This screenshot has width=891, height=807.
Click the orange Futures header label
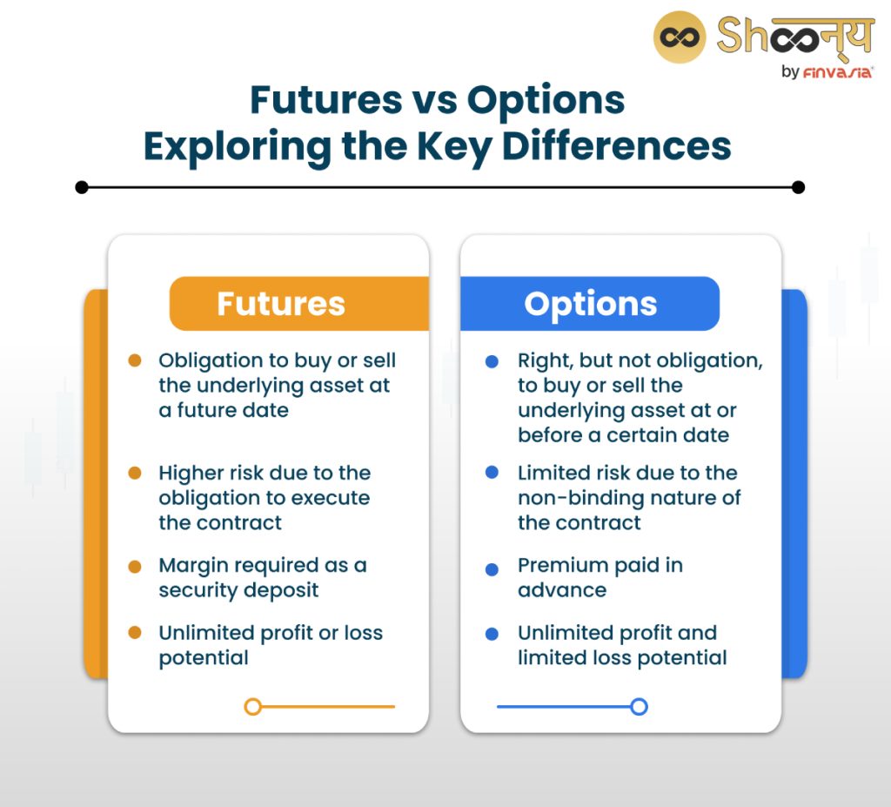(x=280, y=304)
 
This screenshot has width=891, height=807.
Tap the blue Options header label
(x=590, y=304)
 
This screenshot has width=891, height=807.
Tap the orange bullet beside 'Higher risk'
(x=135, y=473)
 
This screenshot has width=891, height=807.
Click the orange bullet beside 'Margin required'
(x=135, y=566)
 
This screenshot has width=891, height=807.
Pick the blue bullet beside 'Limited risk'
(x=492, y=473)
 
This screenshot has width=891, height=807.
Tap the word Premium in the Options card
(x=558, y=565)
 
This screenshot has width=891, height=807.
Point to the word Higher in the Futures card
(x=187, y=474)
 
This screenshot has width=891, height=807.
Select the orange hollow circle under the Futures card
(x=253, y=707)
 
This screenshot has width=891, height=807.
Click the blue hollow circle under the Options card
(x=639, y=707)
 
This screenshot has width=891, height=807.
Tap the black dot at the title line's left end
(x=82, y=186)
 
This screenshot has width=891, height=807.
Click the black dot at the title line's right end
(x=799, y=186)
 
